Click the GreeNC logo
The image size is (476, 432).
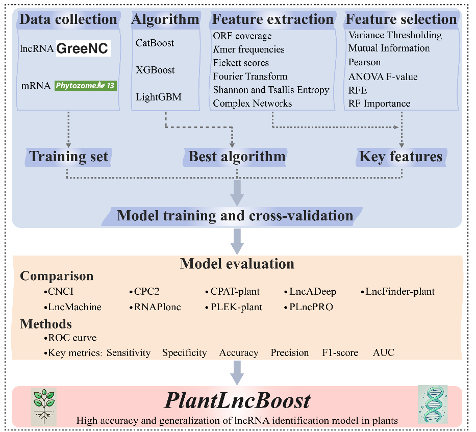click(x=83, y=48)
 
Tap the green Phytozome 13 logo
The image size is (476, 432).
click(x=86, y=86)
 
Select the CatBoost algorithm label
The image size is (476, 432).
click(x=155, y=43)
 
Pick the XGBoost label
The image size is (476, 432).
click(x=155, y=70)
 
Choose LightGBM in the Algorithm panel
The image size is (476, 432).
click(x=158, y=97)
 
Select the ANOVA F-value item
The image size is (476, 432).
click(x=383, y=77)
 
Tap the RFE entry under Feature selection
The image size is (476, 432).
click(x=358, y=90)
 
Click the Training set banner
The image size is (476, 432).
click(x=69, y=156)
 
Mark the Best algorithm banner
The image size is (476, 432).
click(x=237, y=156)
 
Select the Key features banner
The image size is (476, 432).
click(x=401, y=156)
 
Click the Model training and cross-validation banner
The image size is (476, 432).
click(x=235, y=215)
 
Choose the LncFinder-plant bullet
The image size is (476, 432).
click(x=399, y=292)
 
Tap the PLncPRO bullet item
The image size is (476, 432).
click(x=310, y=307)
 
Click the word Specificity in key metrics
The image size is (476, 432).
click(x=184, y=352)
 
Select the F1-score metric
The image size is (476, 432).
click(x=340, y=352)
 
